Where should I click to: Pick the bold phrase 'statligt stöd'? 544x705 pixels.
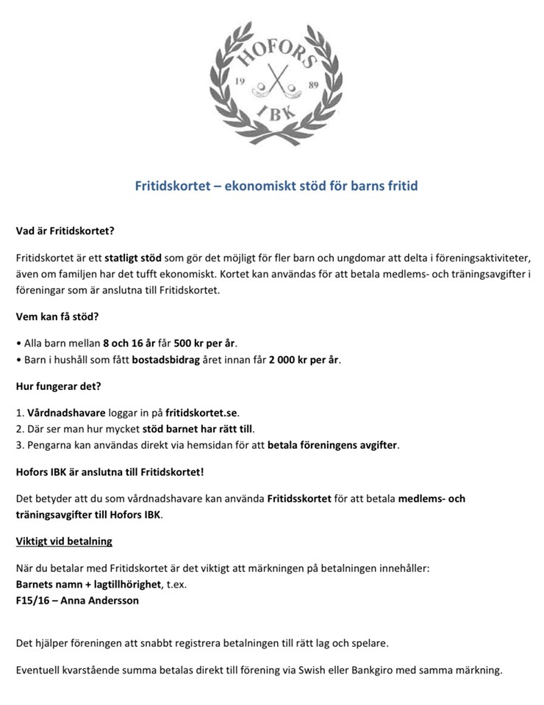click(x=132, y=259)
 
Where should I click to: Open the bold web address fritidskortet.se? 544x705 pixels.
click(x=203, y=413)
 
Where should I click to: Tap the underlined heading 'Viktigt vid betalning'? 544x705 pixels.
click(x=64, y=543)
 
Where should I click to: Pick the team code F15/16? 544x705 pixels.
click(x=34, y=600)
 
